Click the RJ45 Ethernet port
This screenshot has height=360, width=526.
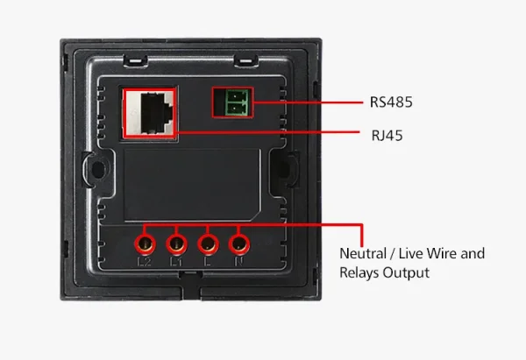(150, 111)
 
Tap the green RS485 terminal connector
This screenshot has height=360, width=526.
(231, 103)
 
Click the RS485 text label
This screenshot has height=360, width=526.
(390, 102)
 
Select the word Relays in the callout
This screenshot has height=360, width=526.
(359, 272)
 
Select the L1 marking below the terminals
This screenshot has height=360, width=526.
(177, 262)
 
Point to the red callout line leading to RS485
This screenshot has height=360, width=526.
(307, 102)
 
